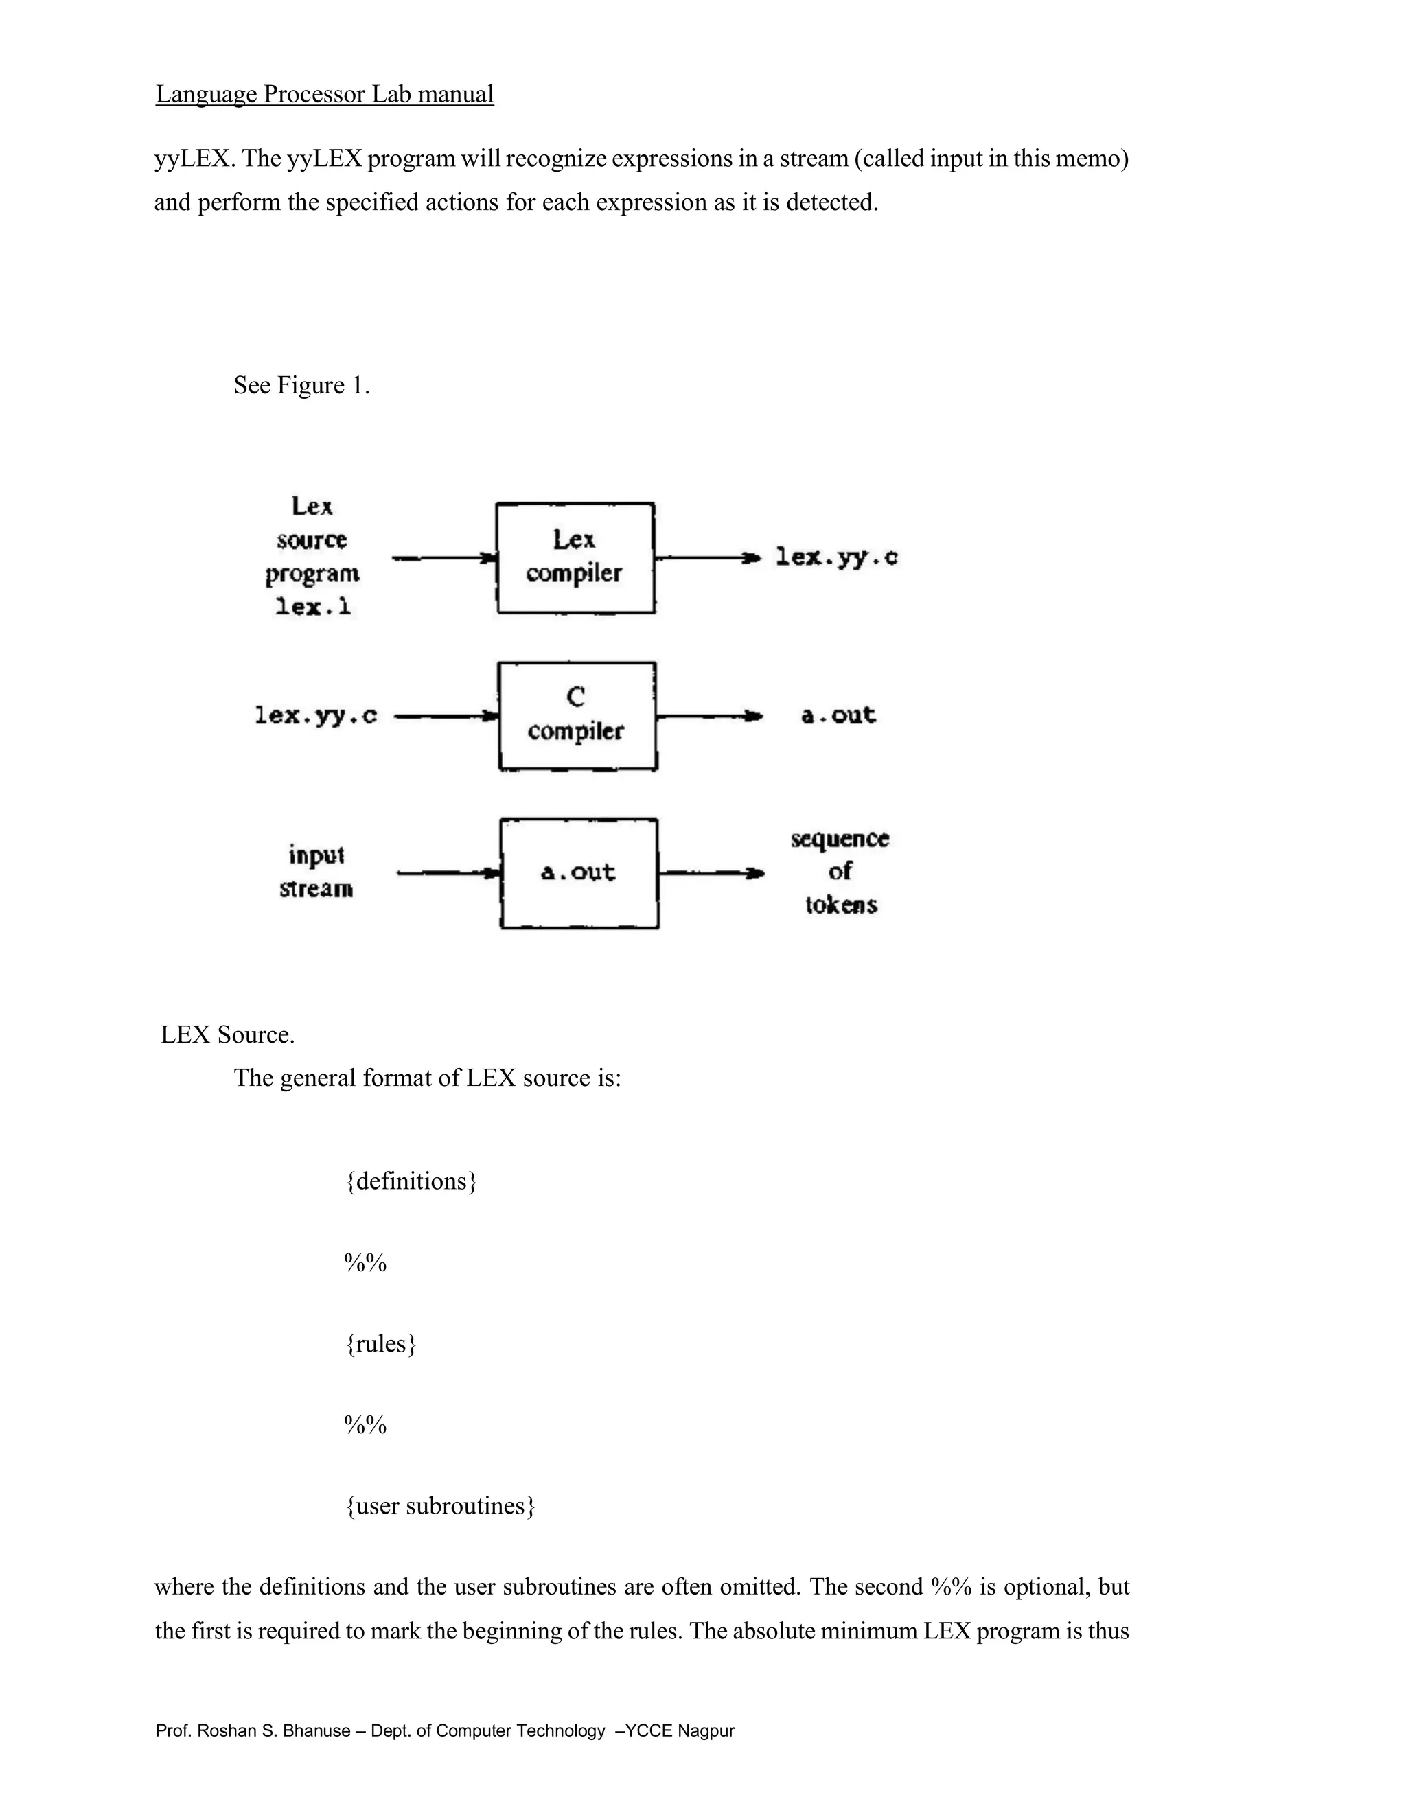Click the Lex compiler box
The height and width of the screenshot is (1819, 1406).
click(575, 557)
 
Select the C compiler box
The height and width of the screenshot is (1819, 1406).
click(577, 715)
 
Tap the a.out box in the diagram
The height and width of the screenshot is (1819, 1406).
click(579, 873)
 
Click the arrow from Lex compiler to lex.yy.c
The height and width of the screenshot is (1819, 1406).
click(708, 557)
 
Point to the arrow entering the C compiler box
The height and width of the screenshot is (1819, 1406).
click(446, 715)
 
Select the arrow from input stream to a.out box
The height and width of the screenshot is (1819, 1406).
click(448, 873)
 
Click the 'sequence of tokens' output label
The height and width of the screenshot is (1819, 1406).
click(840, 871)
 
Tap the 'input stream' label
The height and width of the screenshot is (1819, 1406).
click(316, 872)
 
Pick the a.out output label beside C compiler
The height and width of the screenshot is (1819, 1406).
click(838, 715)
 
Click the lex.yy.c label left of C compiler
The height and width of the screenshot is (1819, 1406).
click(316, 715)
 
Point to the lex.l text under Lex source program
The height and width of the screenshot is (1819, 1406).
click(312, 607)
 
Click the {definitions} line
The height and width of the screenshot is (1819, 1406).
click(411, 1181)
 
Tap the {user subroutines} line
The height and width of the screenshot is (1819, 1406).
click(440, 1505)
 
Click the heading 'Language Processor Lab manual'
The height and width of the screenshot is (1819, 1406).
click(324, 94)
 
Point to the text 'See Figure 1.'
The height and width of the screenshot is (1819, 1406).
click(301, 385)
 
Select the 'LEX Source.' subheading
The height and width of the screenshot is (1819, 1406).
click(227, 1034)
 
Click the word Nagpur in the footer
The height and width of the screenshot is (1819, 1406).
click(706, 1730)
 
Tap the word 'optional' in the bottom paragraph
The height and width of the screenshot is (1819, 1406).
click(1046, 1586)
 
